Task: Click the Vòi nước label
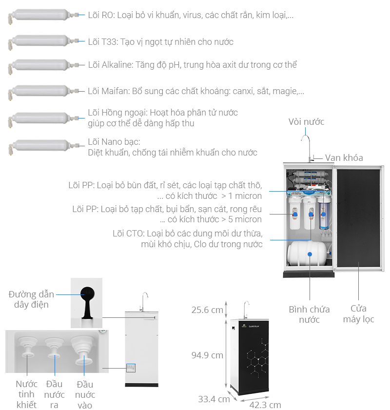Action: coord(306,122)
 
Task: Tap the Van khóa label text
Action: coord(344,157)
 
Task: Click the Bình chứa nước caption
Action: coord(309,314)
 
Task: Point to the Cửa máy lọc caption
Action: coord(358,313)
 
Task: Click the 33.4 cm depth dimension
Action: coord(214,399)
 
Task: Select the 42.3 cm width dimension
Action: coord(265,405)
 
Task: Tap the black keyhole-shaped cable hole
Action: coord(87,297)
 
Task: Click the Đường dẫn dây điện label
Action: coord(29,299)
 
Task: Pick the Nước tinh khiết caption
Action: coord(26,394)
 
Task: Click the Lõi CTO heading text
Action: coord(125,234)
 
